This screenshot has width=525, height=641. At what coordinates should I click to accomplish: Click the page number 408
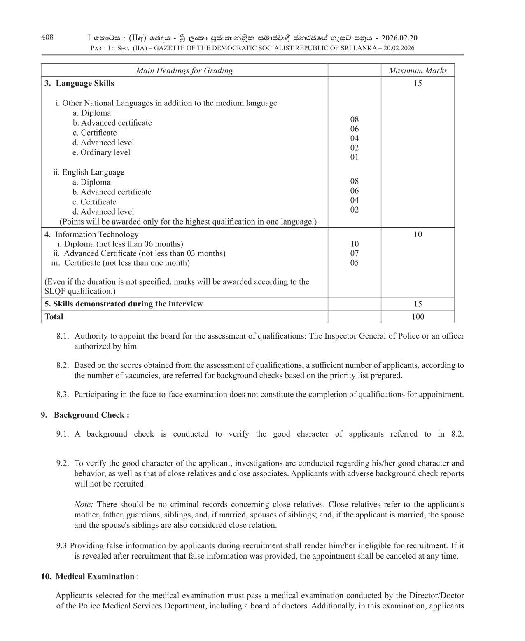click(x=47, y=37)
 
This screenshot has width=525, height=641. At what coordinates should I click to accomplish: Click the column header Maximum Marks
click(x=418, y=70)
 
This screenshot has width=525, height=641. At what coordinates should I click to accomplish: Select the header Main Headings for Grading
click(x=184, y=70)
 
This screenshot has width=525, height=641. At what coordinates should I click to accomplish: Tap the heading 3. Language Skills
click(x=79, y=83)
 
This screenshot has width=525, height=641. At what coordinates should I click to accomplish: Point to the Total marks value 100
click(x=418, y=317)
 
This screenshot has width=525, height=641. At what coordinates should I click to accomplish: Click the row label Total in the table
click(x=54, y=317)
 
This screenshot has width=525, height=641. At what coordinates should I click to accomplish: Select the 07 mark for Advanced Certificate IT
click(x=354, y=253)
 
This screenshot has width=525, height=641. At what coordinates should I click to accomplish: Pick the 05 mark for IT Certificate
click(x=354, y=263)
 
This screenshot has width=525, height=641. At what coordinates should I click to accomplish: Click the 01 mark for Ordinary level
click(x=354, y=157)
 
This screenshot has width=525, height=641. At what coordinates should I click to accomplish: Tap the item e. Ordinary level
click(x=101, y=152)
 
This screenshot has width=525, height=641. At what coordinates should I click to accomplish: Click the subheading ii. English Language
click(x=89, y=172)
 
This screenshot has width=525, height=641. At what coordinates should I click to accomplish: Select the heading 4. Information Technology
click(x=91, y=234)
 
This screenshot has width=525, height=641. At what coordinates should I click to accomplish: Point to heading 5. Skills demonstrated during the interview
click(x=124, y=304)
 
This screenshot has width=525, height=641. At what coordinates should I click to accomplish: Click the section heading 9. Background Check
click(x=85, y=415)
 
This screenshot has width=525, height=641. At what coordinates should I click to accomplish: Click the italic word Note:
click(x=84, y=504)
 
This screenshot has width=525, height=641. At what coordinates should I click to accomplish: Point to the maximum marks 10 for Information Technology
click(x=418, y=234)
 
